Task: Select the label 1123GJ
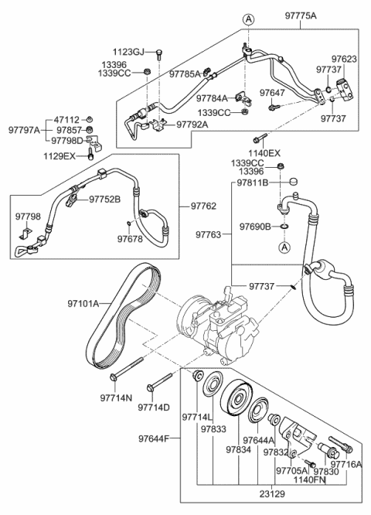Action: (x=129, y=52)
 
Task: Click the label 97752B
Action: (x=105, y=198)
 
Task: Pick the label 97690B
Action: (x=256, y=227)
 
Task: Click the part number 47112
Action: (x=68, y=120)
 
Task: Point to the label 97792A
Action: (x=197, y=123)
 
